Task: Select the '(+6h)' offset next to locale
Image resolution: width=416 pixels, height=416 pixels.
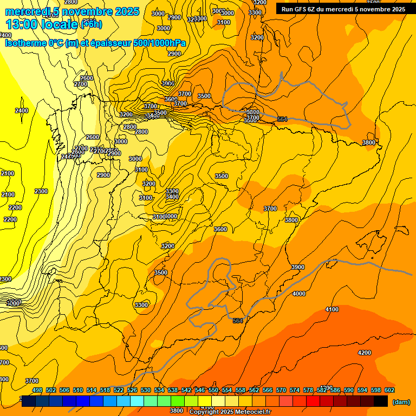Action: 90,24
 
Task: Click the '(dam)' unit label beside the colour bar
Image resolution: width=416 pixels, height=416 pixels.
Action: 401,402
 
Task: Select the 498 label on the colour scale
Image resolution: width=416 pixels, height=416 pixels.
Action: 37,390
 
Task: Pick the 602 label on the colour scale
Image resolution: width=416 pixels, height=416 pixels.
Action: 389,390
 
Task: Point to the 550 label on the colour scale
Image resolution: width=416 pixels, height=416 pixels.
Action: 213,390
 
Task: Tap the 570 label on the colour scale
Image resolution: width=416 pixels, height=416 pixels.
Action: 281,390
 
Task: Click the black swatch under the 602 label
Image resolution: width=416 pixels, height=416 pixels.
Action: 381,401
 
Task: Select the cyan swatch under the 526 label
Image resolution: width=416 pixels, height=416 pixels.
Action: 136,401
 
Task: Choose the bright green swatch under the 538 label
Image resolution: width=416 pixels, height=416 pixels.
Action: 177,401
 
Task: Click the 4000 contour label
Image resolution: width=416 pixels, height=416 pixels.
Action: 299,294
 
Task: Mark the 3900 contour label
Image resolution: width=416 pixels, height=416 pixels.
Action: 297,267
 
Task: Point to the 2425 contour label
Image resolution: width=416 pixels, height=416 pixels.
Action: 68,156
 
